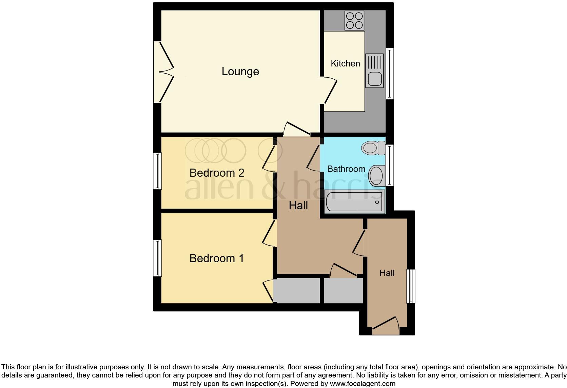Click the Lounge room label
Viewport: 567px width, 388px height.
click(240, 72)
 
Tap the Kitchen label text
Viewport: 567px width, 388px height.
click(345, 63)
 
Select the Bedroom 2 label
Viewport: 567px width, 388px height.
click(217, 173)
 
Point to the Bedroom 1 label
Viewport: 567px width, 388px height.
click(217, 258)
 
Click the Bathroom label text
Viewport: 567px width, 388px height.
click(346, 169)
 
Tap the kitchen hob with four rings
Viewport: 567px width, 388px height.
click(354, 20)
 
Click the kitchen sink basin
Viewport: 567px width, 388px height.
click(374, 79)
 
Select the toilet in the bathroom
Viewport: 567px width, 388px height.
click(372, 148)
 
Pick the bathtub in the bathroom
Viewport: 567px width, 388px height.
click(354, 202)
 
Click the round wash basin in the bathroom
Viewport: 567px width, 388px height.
click(376, 175)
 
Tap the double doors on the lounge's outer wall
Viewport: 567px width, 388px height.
click(164, 72)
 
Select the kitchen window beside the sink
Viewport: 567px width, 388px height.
click(390, 74)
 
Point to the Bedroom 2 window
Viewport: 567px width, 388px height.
click(157, 171)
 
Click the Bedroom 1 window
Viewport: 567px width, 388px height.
click(157, 258)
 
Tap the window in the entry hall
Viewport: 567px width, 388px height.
click(411, 286)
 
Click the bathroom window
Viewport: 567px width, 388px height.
click(390, 166)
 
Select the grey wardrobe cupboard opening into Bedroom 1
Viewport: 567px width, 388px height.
click(297, 291)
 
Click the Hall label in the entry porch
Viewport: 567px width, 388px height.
click(387, 273)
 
